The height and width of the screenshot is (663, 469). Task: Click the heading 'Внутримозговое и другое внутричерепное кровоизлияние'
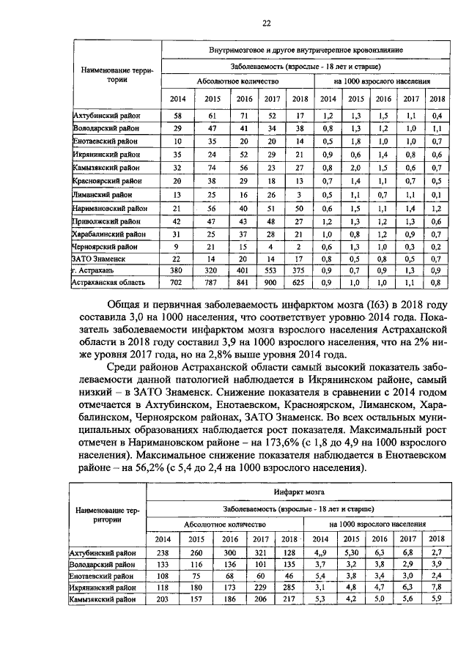(305, 49)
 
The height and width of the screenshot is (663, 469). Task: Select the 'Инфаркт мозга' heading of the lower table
(296, 492)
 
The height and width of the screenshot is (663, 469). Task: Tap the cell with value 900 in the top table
(272, 281)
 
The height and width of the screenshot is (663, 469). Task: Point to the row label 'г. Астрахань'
(92, 270)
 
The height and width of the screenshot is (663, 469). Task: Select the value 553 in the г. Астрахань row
(272, 270)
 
